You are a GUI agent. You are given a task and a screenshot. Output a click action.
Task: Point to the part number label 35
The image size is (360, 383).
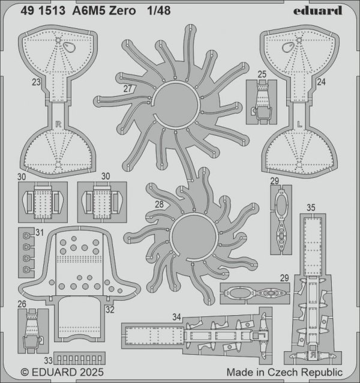[x=311, y=208]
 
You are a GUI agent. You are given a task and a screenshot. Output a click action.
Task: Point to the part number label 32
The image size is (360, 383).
[x=110, y=310]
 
